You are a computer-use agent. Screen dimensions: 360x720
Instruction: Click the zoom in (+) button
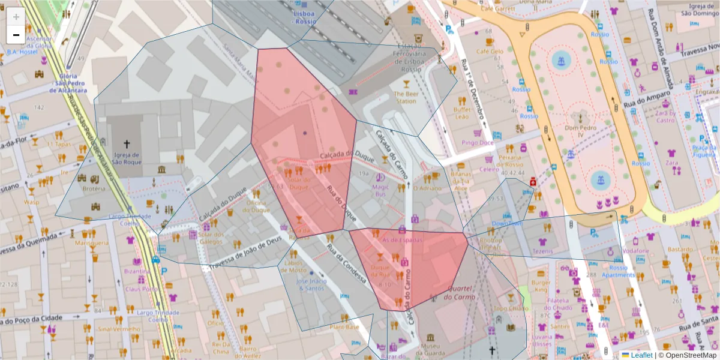(x=16, y=17)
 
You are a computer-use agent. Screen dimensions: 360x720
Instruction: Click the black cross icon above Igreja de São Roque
(x=126, y=144)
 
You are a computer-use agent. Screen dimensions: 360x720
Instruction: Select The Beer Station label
(x=405, y=97)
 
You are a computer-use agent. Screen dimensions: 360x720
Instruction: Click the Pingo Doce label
(x=478, y=143)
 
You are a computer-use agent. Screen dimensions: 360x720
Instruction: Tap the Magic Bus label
(x=381, y=190)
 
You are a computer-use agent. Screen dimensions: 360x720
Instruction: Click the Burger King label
(x=541, y=286)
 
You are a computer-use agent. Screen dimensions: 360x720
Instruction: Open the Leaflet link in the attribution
(x=641, y=355)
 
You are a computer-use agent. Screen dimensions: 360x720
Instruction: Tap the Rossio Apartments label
(x=618, y=271)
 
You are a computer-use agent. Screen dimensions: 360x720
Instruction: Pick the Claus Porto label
(x=142, y=289)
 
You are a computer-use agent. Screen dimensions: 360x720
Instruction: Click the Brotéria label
(x=94, y=188)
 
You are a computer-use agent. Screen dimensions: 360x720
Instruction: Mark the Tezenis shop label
(x=542, y=251)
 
